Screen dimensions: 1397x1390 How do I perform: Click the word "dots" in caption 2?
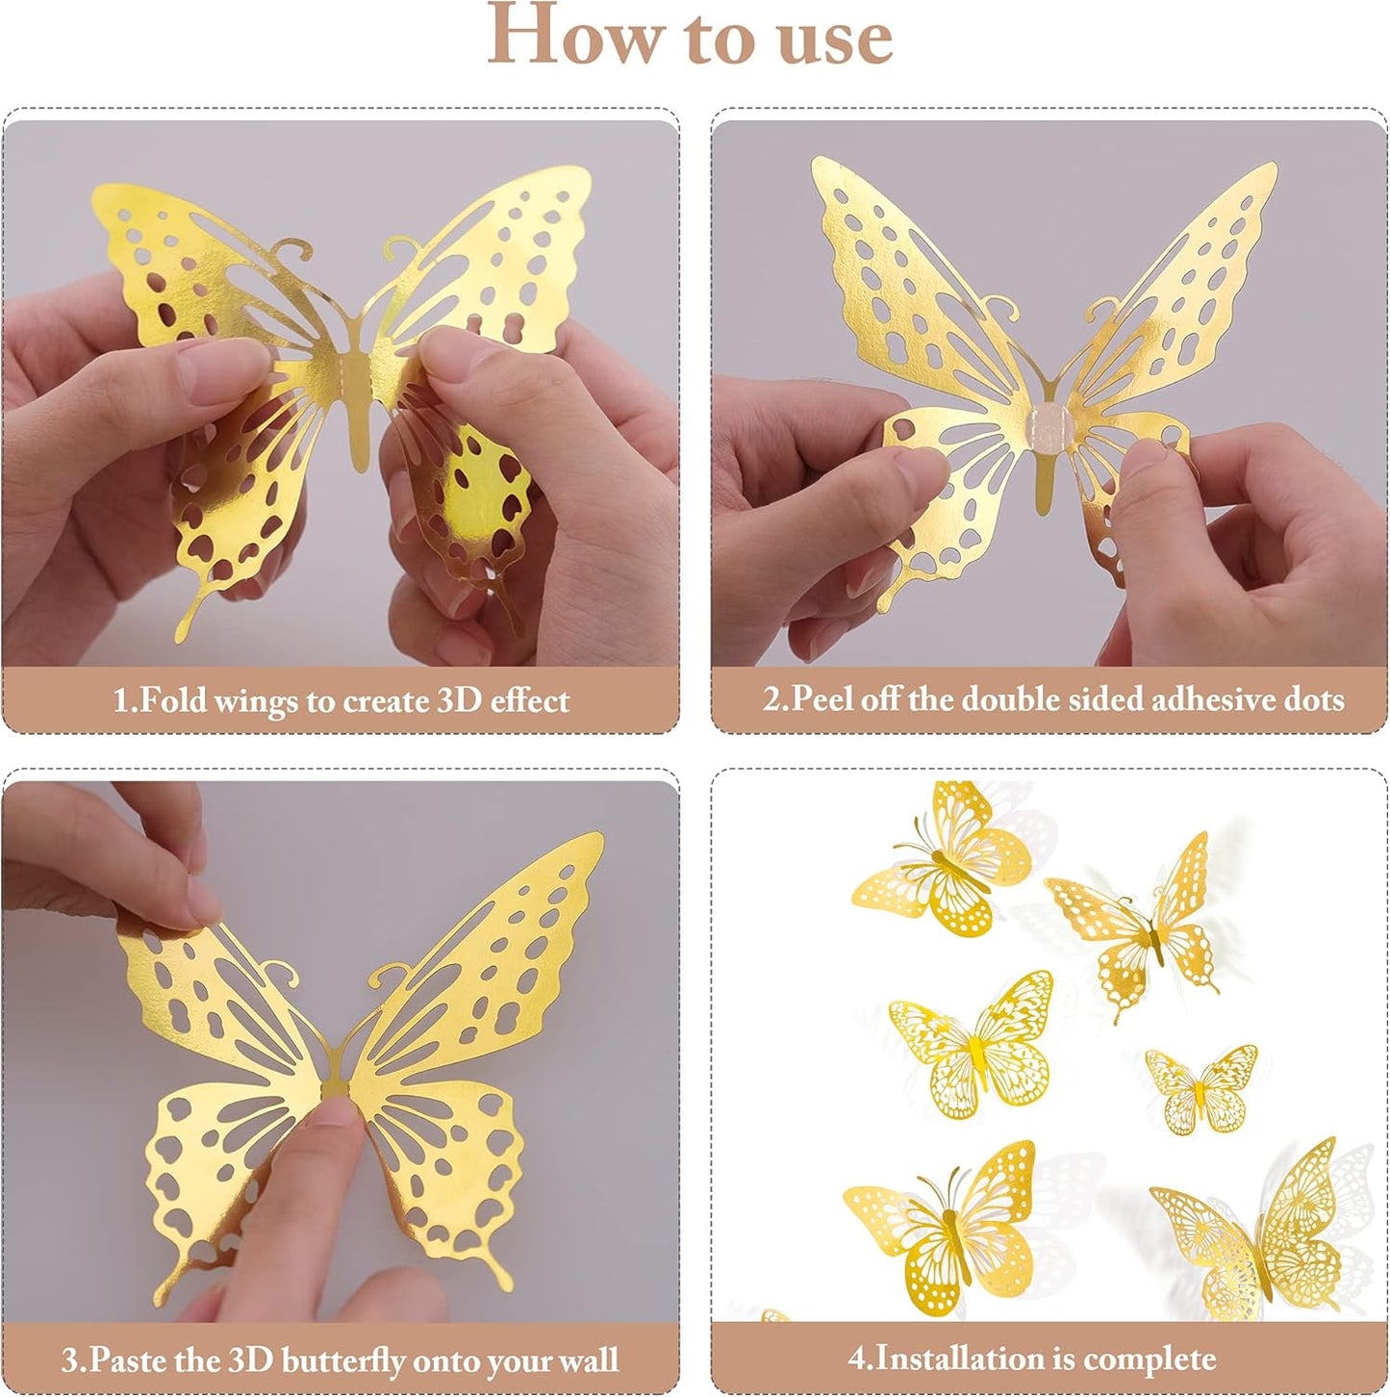pos(1310,698)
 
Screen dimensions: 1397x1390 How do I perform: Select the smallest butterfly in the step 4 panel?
pos(1200,1089)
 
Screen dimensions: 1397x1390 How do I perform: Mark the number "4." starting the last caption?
pos(860,1359)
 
